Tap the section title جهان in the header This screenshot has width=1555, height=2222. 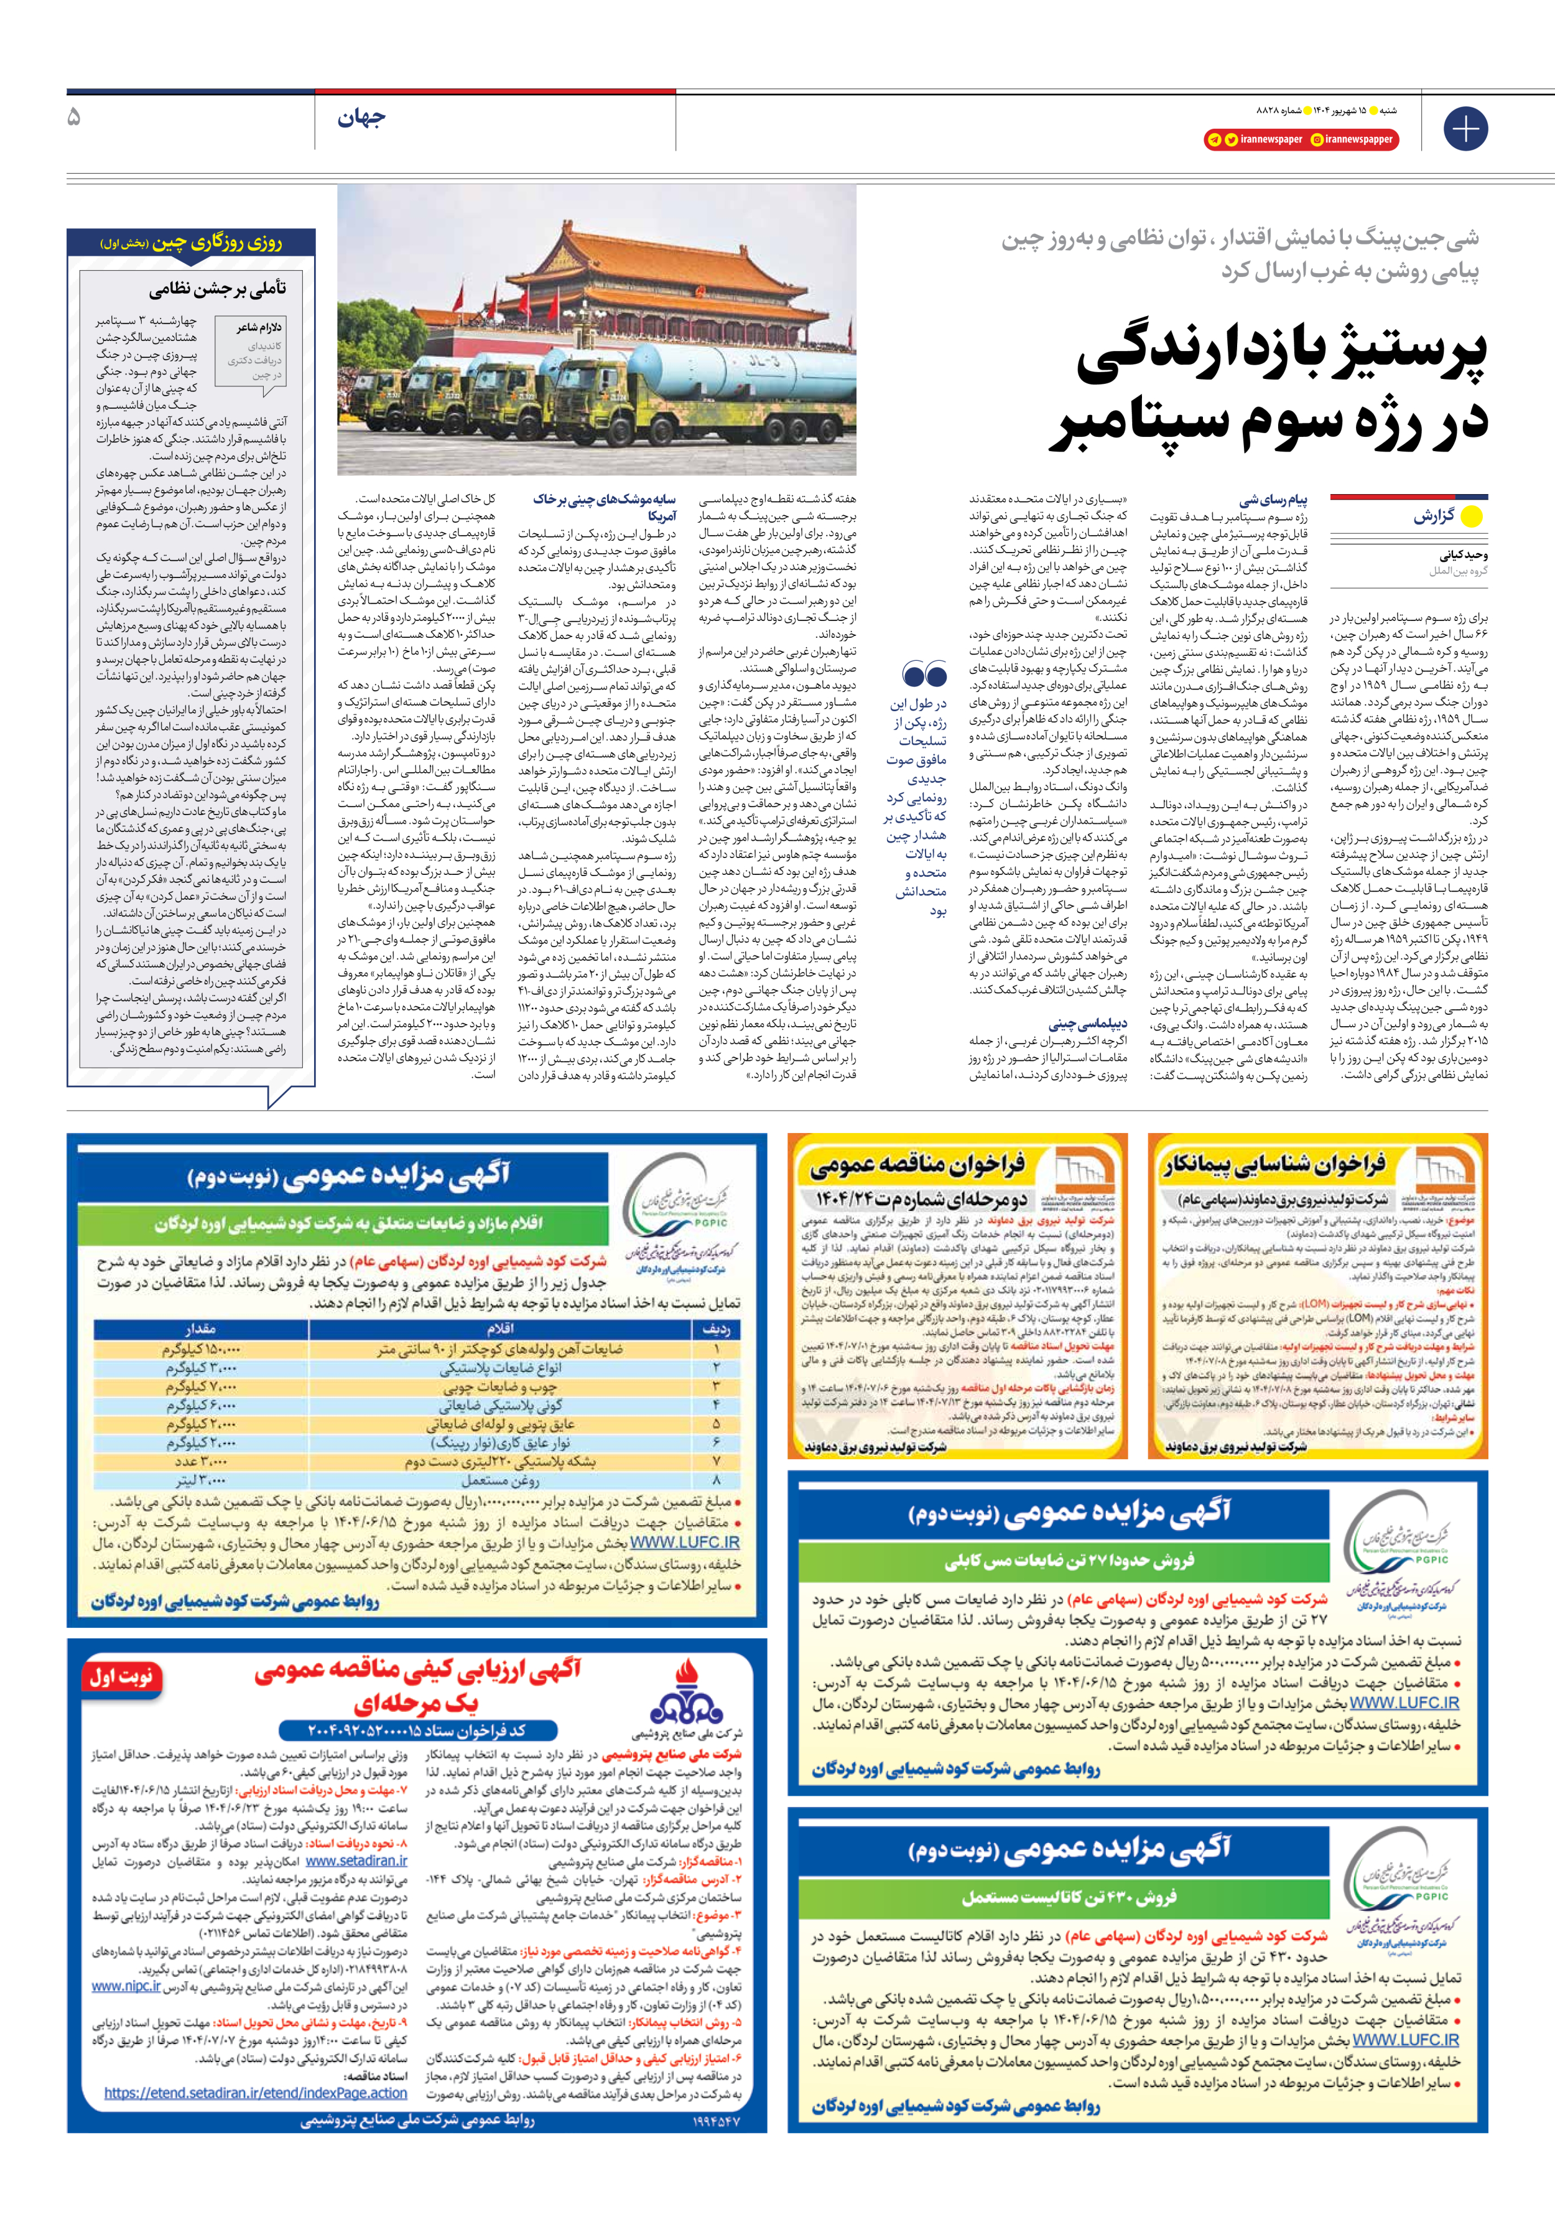361,118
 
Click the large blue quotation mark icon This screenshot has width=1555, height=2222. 924,673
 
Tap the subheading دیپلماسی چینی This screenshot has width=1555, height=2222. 1088,1023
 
